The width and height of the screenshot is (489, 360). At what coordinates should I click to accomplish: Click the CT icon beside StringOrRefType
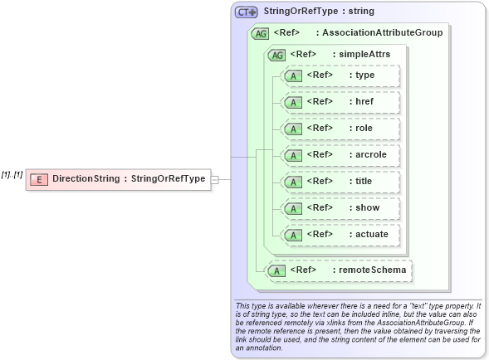[246, 12]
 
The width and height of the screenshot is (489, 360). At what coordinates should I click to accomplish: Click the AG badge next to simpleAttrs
[276, 55]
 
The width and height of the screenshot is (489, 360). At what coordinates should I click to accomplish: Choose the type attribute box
[341, 75]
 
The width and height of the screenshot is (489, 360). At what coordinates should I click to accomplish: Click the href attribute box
[341, 102]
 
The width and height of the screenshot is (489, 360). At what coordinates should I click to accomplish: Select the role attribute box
[341, 129]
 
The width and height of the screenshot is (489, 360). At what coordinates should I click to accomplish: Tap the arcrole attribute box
[341, 155]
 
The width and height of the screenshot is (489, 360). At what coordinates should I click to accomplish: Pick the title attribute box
[341, 182]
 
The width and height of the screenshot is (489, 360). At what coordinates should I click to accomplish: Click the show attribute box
[341, 208]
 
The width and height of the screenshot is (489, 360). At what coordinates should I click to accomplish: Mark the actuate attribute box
[341, 235]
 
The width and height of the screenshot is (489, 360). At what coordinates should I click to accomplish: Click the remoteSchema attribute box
[340, 270]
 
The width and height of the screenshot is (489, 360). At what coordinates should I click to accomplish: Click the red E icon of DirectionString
[38, 179]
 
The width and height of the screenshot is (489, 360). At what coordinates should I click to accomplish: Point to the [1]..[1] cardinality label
[12, 174]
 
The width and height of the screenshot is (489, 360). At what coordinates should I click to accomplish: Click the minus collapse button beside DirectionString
[215, 178]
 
